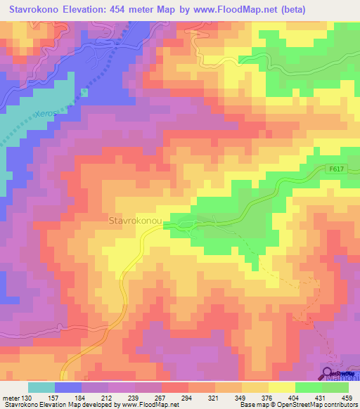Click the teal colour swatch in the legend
click(x=41, y=387)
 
